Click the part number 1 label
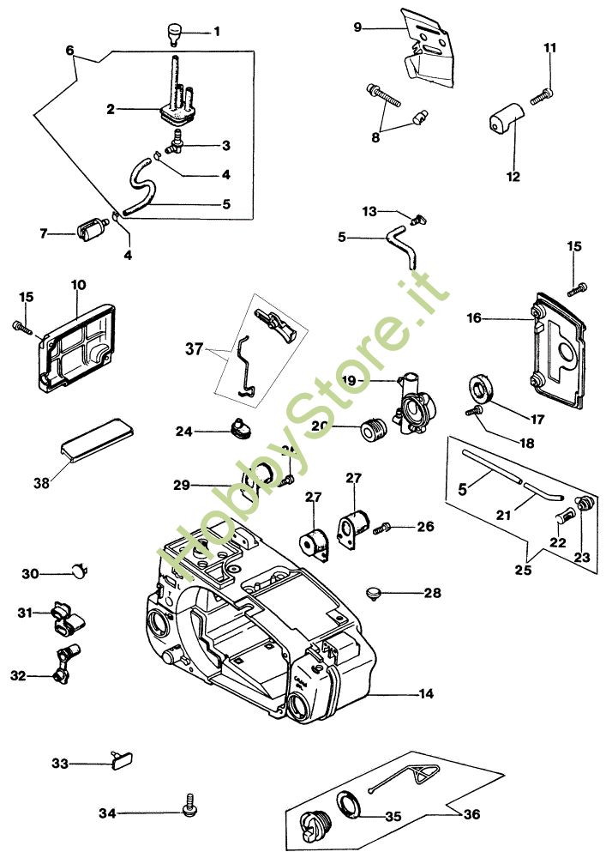(216, 32)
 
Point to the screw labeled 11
(541, 99)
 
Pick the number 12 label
(513, 178)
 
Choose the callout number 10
(78, 284)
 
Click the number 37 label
(195, 348)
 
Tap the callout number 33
(60, 763)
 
